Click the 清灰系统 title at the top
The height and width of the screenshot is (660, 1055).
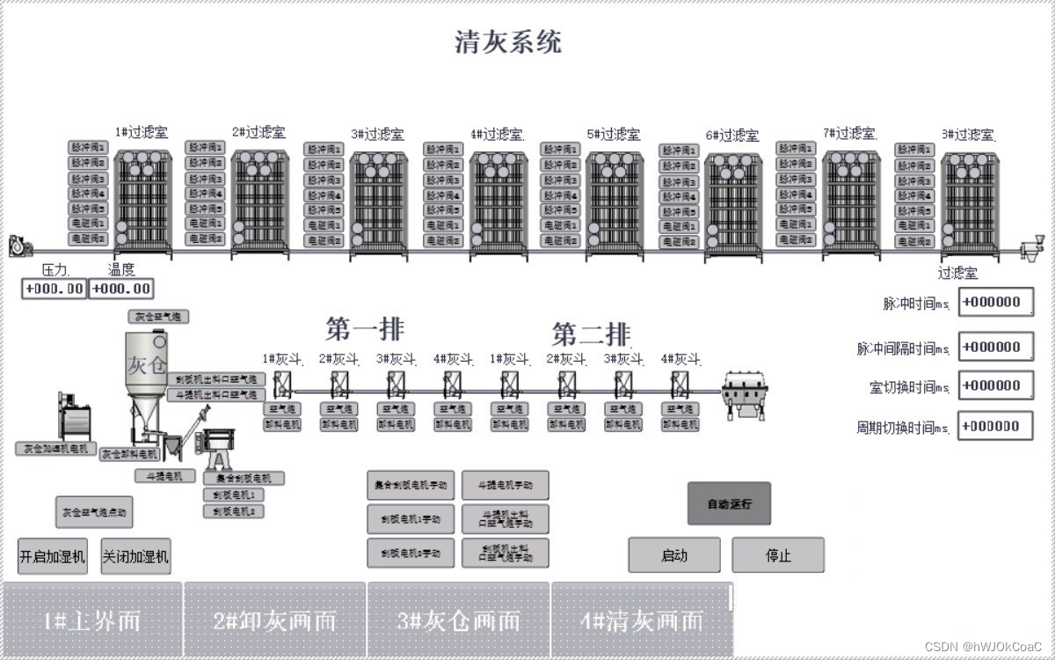[508, 41]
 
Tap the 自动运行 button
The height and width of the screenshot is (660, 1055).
[729, 504]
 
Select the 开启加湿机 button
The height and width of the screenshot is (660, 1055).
[53, 556]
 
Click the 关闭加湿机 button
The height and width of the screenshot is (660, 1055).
[135, 556]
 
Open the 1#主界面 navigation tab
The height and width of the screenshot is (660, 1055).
[92, 620]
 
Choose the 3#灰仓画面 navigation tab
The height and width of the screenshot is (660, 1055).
[458, 620]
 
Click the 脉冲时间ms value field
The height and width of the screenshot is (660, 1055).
[995, 302]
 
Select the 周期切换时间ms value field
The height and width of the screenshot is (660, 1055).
[995, 427]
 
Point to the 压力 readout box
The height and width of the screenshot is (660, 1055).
[55, 289]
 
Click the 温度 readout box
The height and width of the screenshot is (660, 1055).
[121, 289]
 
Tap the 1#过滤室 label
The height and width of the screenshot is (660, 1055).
[142, 132]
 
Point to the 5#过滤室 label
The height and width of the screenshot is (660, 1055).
[614, 135]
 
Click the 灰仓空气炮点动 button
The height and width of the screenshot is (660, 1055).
[94, 511]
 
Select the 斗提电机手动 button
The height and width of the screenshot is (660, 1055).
[506, 485]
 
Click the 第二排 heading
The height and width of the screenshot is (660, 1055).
[591, 334]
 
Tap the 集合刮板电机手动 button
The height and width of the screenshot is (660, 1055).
[411, 485]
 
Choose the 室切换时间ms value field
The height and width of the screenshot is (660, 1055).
[995, 385]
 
